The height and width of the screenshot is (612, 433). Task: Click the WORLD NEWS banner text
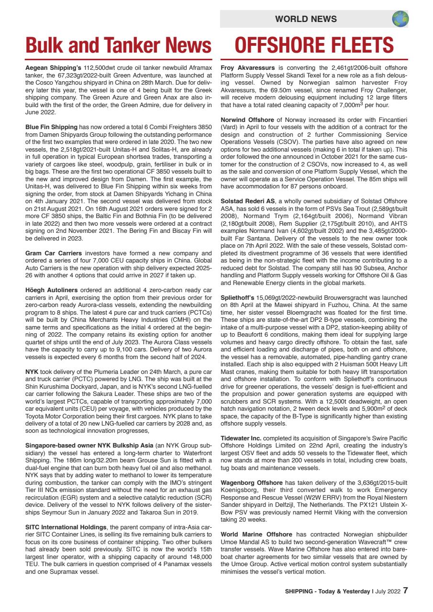tap(306, 19)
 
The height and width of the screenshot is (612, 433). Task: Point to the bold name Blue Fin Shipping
tap(51, 127)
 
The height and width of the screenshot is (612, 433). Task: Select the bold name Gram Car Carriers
tap(54, 252)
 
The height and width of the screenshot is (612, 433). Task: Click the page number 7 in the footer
tap(405, 590)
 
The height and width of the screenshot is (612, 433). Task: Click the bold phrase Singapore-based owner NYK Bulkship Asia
tap(89, 445)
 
